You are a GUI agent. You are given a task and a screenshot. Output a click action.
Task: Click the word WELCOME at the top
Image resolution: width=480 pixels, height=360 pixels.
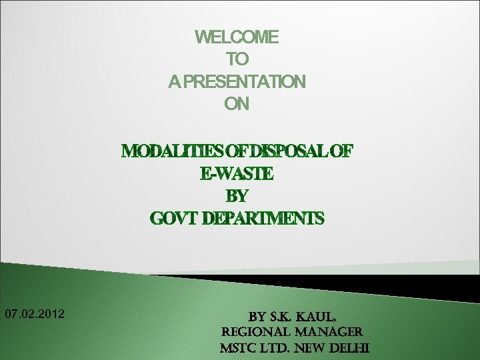point(237,37)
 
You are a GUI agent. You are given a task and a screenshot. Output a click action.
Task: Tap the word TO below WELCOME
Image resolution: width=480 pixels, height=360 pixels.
point(237,59)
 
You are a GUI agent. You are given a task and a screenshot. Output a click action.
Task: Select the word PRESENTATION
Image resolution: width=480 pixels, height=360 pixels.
point(244,82)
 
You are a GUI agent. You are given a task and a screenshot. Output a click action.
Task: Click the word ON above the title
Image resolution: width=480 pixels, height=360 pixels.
point(237,104)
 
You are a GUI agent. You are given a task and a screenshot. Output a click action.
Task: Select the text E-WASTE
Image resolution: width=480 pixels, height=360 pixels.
point(237,174)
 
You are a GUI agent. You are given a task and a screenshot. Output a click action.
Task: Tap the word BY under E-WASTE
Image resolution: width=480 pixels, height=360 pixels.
point(237,197)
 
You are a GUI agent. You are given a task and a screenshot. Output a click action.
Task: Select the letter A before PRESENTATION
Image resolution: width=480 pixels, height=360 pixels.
point(173,82)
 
